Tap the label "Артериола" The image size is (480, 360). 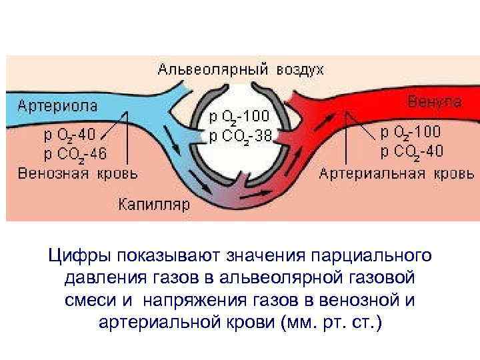(57, 105)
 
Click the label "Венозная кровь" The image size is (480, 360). (78, 174)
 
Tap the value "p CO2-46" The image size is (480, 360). (75, 155)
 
